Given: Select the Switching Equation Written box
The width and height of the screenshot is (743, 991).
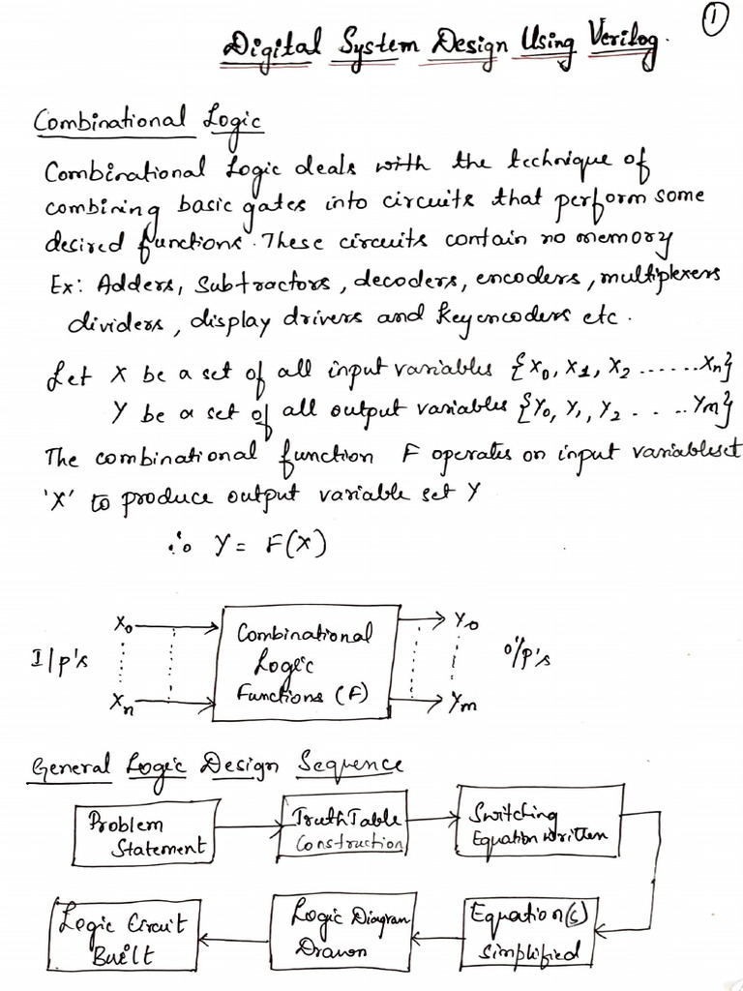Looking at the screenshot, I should click(x=537, y=827).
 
